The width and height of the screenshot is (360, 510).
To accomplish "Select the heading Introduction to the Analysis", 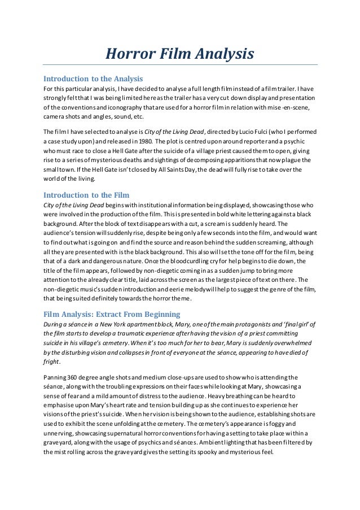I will [93, 78].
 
